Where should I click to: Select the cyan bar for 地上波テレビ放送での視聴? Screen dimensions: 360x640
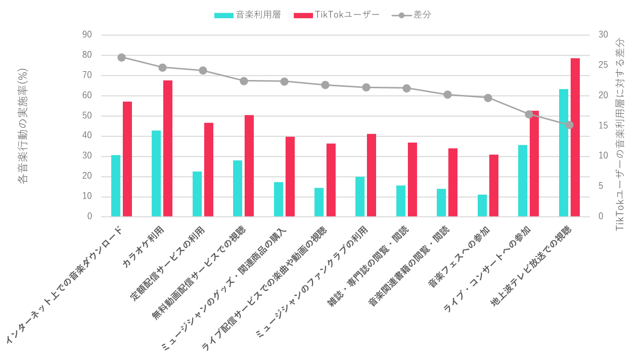pos(563,153)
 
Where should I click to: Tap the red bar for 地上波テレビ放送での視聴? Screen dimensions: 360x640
pos(575,137)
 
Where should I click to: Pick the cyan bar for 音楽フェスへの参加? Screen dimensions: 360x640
pos(482,206)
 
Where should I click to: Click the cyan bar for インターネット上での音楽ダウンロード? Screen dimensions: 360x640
pos(116,186)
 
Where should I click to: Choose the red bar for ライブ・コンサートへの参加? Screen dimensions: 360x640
pos(534,164)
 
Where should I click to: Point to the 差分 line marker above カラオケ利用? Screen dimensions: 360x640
pos(162,67)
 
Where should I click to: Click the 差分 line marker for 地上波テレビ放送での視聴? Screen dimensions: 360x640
pos(569,125)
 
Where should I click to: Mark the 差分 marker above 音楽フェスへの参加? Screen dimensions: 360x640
pos(488,98)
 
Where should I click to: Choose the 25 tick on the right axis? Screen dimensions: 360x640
pos(603,65)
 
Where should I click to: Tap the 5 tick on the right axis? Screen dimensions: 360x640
pos(601,186)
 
